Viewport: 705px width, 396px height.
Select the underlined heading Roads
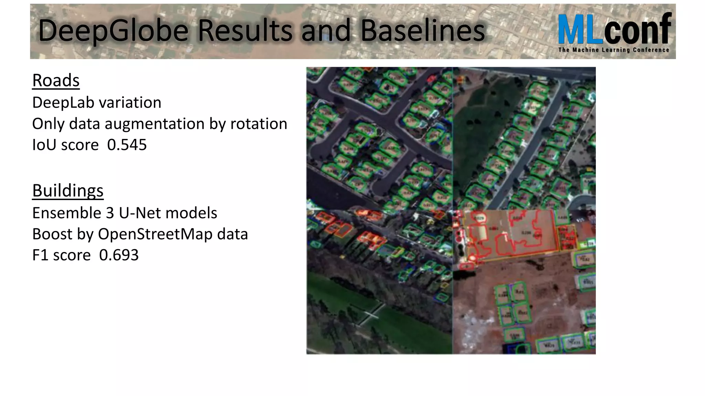click(x=56, y=80)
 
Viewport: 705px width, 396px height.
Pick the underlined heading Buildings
click(x=68, y=190)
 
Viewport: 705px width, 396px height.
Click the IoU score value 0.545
click(x=127, y=145)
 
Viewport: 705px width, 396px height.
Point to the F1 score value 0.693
click(x=119, y=255)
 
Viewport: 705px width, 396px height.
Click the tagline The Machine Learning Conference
click(x=613, y=50)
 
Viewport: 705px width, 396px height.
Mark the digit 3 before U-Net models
click(x=110, y=213)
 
